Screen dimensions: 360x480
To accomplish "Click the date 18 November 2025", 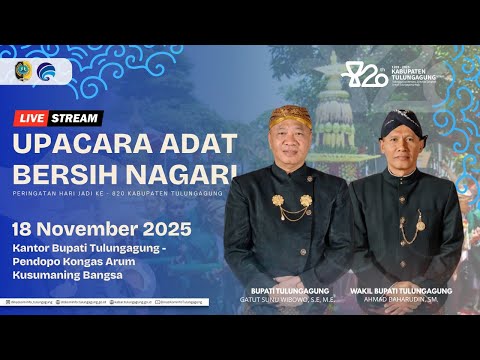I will point(102,229).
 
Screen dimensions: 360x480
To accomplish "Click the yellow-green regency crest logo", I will point(25,72).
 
